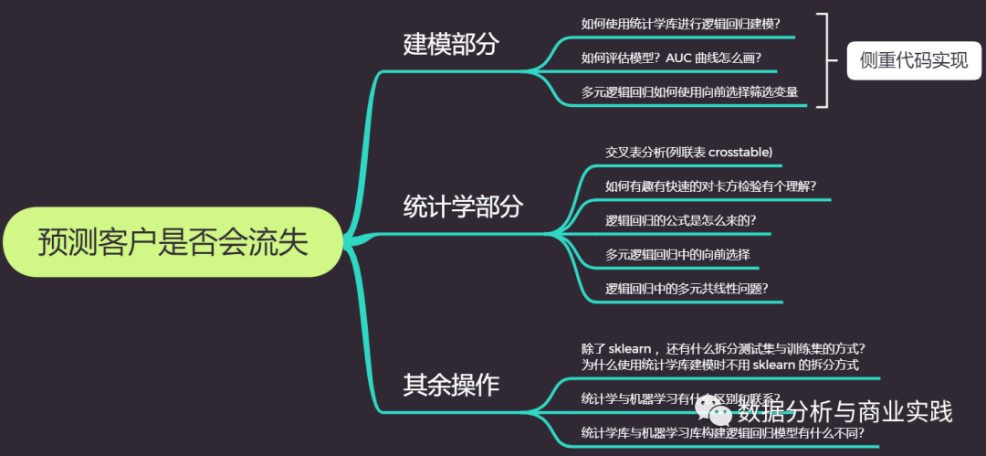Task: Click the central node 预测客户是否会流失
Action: pyautogui.click(x=173, y=243)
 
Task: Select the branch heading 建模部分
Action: pyautogui.click(x=451, y=44)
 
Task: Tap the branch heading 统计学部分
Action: pyautogui.click(x=463, y=207)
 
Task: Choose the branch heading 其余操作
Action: pyautogui.click(x=451, y=385)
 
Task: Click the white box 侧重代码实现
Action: pyautogui.click(x=913, y=61)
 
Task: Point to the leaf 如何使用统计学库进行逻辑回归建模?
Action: pyautogui.click(x=686, y=24)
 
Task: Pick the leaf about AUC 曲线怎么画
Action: pyautogui.click(x=671, y=58)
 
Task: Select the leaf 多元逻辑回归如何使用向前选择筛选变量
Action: pyautogui.click(x=689, y=91)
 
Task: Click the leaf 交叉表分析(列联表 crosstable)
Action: pyautogui.click(x=689, y=152)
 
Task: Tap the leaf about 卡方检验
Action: pyautogui.click(x=710, y=186)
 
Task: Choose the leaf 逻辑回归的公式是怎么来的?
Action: pyautogui.click(x=680, y=220)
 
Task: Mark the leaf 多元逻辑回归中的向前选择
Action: pyautogui.click(x=677, y=254)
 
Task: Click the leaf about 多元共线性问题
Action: pyautogui.click(x=687, y=289)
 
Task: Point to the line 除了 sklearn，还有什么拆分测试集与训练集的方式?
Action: pyautogui.click(x=723, y=348)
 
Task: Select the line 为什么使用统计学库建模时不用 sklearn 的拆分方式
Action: pyautogui.click(x=719, y=364)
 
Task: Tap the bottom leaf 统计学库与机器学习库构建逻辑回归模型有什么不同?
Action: pyautogui.click(x=722, y=432)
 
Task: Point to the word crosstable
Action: pyautogui.click(x=739, y=152)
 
